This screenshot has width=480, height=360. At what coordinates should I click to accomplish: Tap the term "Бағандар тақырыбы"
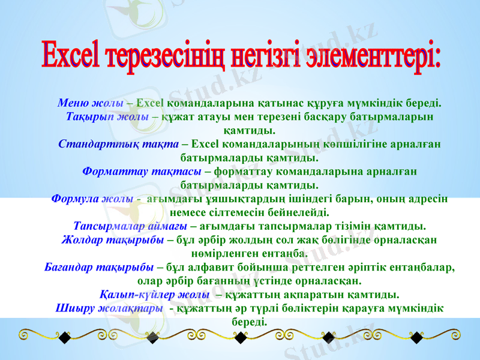click(99, 267)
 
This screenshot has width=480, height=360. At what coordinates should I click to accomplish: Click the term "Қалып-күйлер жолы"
click(154, 295)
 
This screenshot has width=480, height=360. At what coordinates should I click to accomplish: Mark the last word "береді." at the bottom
click(248, 322)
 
